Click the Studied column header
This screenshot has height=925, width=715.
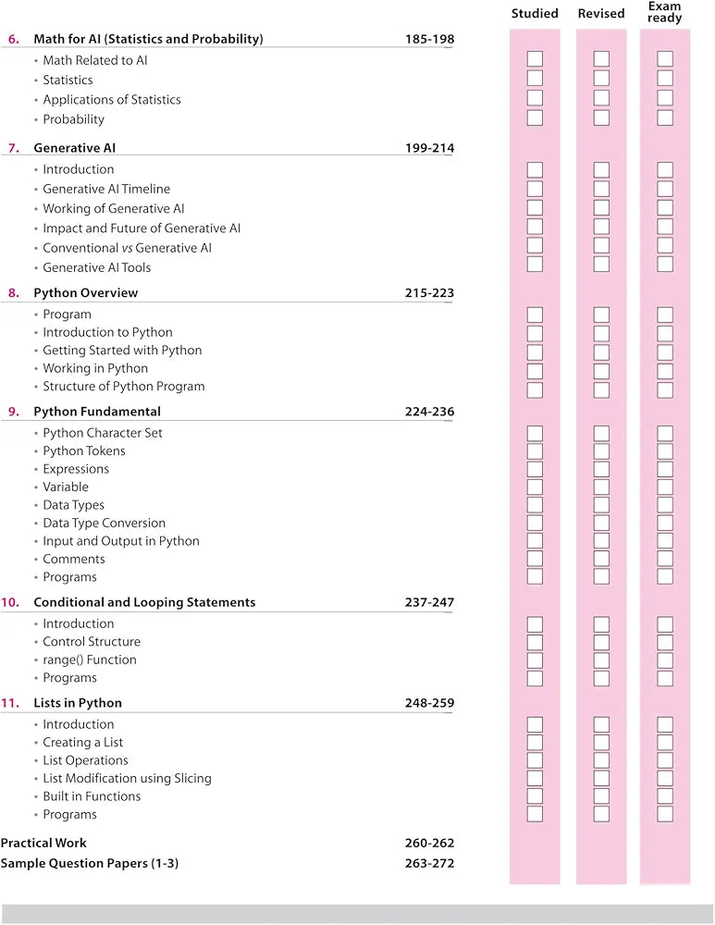(535, 14)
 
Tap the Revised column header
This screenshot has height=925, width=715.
(601, 14)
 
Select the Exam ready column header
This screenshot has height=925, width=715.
(665, 12)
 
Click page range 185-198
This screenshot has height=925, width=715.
(429, 39)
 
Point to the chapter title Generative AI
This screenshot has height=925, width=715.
(74, 148)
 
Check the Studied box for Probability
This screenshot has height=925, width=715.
(535, 118)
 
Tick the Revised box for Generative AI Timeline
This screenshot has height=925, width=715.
(601, 189)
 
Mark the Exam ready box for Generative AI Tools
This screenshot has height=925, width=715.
(665, 265)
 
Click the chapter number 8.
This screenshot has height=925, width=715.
(13, 293)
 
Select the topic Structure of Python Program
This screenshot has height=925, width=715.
(124, 387)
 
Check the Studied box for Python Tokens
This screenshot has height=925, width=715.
(535, 451)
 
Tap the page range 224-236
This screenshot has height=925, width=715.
(429, 412)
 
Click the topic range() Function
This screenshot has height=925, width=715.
(90, 660)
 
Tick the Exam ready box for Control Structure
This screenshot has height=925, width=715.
(665, 642)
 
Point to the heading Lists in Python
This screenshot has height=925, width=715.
(78, 703)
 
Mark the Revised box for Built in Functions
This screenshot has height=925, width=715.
(601, 796)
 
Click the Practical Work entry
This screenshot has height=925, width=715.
(43, 843)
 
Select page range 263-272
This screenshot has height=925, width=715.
(429, 864)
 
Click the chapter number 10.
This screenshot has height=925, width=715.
(11, 602)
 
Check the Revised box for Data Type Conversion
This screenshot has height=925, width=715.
(601, 523)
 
